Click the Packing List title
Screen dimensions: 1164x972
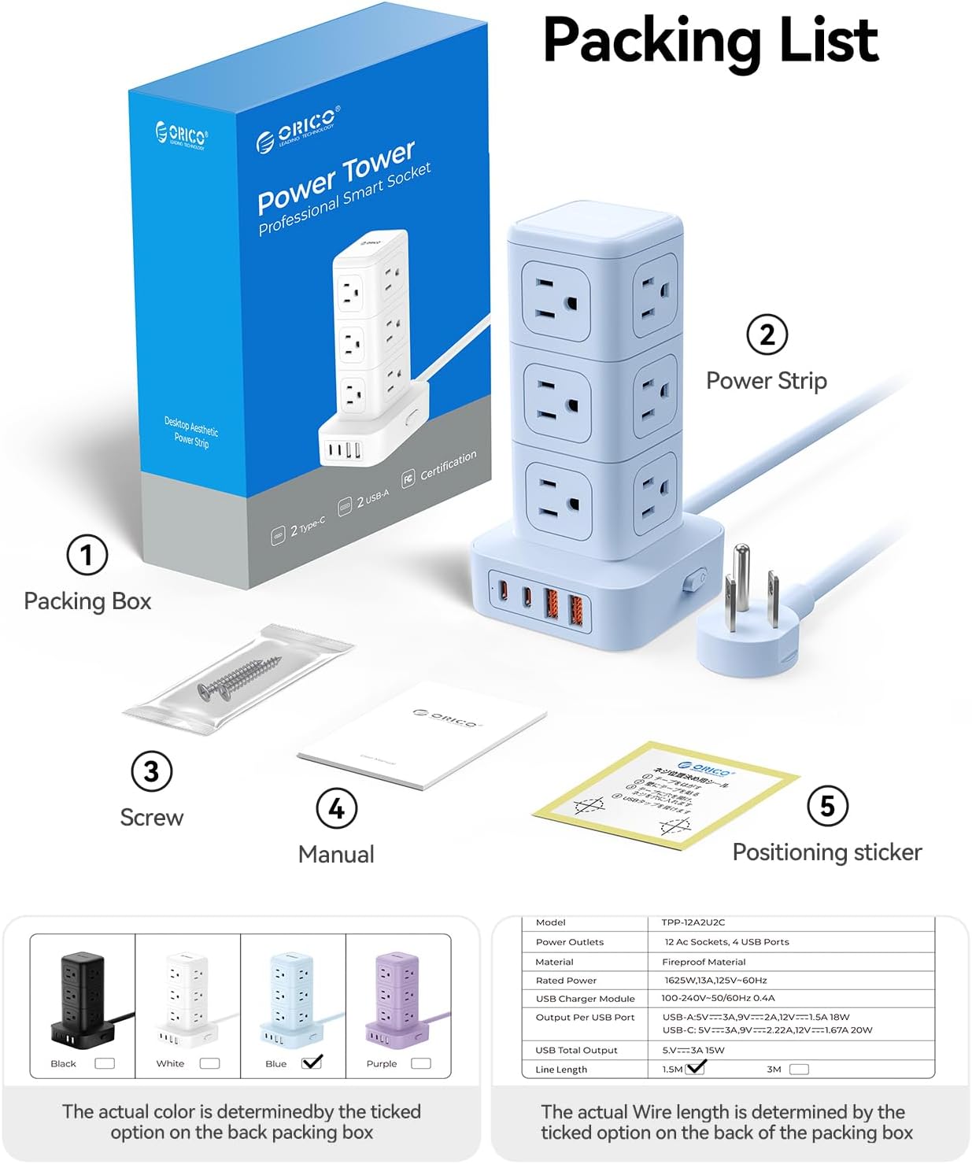coord(710,41)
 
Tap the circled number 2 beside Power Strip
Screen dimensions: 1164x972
coord(767,334)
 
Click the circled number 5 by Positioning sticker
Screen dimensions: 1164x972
coord(827,806)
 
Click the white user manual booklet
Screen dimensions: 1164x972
coord(423,736)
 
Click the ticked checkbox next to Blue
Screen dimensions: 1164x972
coord(312,1062)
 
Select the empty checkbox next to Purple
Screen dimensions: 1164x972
coord(421,1063)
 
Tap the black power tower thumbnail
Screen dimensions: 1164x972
coord(81,1000)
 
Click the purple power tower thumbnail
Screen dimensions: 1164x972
coord(398,1000)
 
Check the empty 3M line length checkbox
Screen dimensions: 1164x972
coord(799,1069)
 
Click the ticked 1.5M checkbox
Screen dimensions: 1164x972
coord(696,1068)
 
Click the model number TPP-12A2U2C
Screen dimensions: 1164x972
coord(693,922)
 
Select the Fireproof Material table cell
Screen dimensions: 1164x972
coord(704,962)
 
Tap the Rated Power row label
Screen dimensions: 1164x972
coord(566,981)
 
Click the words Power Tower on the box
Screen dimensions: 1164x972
coord(336,177)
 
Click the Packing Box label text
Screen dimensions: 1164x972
coord(87,601)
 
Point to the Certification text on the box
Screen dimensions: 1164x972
coord(448,465)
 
